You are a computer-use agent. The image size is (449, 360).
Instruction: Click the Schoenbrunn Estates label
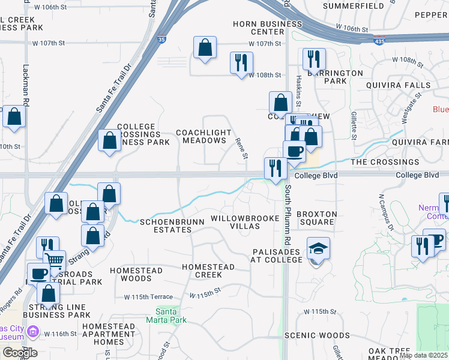pos(172,226)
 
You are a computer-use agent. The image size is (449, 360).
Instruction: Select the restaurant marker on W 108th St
pos(241,62)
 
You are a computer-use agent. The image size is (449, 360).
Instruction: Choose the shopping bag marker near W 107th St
pos(205,47)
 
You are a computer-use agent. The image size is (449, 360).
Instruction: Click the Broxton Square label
pos(317,218)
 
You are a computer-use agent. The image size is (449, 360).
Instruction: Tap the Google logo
pos(19,352)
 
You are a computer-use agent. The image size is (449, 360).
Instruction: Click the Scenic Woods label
pos(317,335)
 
